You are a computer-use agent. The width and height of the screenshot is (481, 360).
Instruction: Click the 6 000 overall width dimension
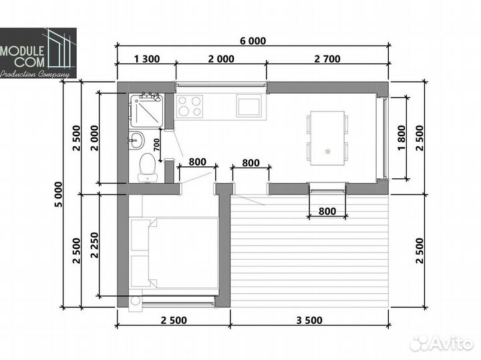[253, 41]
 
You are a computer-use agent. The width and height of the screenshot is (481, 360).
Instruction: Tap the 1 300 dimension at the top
[147, 59]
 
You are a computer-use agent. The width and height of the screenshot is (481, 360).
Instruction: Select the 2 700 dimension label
[327, 59]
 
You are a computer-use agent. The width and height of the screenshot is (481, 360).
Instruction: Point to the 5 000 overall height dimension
[58, 194]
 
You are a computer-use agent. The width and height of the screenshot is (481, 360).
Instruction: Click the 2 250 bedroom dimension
[94, 245]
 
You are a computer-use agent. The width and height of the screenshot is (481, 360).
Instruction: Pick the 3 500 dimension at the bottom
[309, 321]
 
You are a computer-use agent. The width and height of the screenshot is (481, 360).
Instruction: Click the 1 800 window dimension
[402, 138]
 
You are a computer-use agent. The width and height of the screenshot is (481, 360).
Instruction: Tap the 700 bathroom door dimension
[156, 144]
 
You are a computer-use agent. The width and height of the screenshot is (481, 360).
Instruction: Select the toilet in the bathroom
[147, 168]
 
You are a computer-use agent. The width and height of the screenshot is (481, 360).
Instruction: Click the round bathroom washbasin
[136, 140]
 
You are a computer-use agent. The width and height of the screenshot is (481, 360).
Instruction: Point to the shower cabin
[146, 110]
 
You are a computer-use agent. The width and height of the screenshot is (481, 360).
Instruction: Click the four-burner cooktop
[190, 106]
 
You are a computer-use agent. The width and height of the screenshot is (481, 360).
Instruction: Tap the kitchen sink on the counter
[249, 106]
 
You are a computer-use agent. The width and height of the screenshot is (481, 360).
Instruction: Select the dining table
[327, 138]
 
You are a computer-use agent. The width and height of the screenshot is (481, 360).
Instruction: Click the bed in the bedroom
[174, 253]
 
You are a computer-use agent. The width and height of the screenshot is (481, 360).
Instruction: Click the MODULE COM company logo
[38, 53]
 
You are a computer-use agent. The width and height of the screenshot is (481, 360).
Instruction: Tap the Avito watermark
[442, 343]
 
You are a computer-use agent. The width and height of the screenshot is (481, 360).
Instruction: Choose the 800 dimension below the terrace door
[327, 211]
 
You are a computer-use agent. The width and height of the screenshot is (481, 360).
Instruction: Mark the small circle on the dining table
[328, 151]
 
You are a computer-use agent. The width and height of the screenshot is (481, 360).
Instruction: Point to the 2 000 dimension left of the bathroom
[94, 138]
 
